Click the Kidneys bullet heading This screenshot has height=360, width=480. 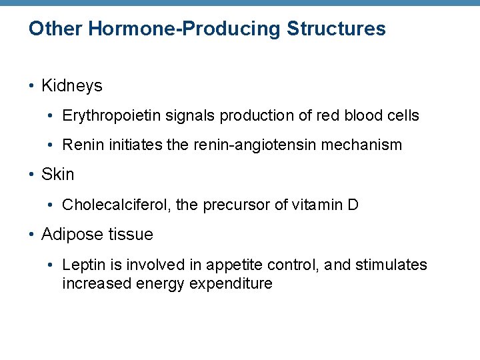tap(71, 86)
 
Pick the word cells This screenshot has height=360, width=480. tap(402, 115)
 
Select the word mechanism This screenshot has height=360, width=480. tap(365, 145)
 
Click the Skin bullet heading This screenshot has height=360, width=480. tap(57, 175)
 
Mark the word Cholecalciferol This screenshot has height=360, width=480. tap(116, 205)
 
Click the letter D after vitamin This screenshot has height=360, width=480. tap(353, 205)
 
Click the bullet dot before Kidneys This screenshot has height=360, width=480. tap(32, 87)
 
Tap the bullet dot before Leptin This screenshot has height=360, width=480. tap(53, 265)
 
